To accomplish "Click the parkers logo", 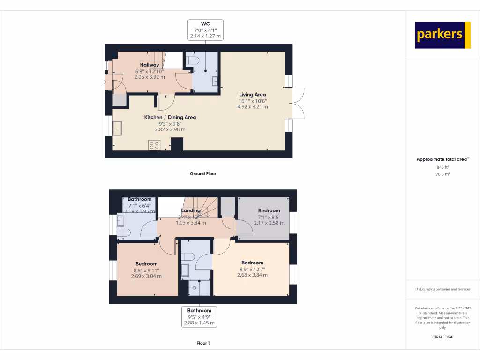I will (442, 35).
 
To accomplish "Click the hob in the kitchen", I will (154, 145).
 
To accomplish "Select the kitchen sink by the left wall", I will (116, 127).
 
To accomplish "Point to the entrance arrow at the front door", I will (104, 82).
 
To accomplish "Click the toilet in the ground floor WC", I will (193, 61).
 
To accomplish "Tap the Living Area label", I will (253, 94).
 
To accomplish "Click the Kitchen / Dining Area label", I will (170, 117).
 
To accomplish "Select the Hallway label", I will (150, 65).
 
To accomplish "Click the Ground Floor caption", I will (203, 173).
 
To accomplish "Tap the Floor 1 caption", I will (203, 343).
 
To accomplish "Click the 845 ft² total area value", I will (443, 167).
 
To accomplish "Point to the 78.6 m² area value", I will (443, 174).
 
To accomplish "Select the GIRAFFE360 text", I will (443, 337).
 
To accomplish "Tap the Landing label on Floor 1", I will (191, 210).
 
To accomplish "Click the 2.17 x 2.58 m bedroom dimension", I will (269, 222).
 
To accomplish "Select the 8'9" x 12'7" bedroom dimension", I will (252, 269).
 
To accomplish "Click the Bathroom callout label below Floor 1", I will (199, 310).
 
